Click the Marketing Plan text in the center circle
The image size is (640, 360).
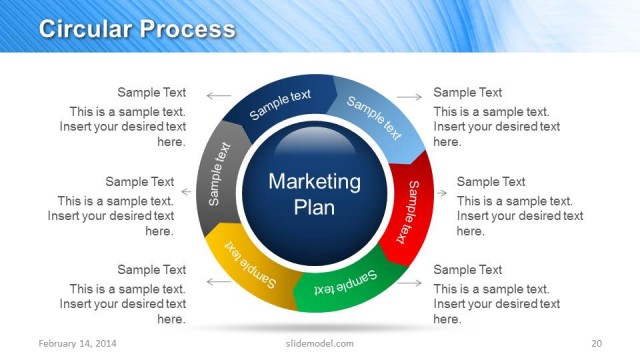coord(314,194)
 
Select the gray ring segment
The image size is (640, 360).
coord(219,172)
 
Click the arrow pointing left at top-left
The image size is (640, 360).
coord(218,97)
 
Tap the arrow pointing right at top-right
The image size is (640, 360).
coord(410,97)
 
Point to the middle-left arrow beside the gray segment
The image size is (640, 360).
coord(189,187)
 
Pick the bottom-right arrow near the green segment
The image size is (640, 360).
coord(410,282)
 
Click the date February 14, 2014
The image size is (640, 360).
coord(76,344)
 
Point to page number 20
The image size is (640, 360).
coord(596,344)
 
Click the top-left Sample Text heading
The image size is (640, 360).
coord(152,92)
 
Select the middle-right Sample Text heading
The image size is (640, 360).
coord(491,181)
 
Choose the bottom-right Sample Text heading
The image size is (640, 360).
coord(468,269)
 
